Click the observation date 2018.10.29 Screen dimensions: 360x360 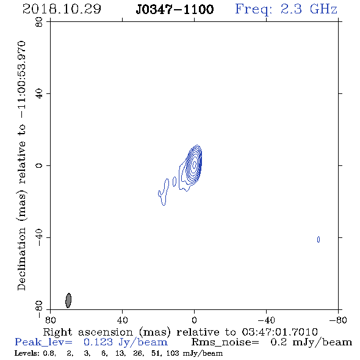[x=62, y=9]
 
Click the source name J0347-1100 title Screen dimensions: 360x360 [x=175, y=9]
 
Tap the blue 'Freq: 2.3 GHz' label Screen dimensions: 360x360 [x=286, y=9]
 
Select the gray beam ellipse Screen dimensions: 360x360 [x=68, y=300]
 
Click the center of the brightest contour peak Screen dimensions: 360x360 [x=194, y=164]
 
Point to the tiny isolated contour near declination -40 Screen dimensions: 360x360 [x=319, y=239]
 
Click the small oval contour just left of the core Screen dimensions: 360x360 [x=175, y=181]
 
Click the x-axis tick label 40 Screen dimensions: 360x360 [x=122, y=320]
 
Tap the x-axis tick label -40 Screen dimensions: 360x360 [x=266, y=320]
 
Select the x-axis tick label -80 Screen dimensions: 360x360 [x=338, y=320]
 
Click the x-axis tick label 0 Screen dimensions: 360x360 [x=194, y=320]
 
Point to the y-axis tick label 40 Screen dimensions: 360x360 [x=39, y=94]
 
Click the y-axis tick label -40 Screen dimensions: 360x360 [x=39, y=237]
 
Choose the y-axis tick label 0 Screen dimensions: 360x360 [x=39, y=165]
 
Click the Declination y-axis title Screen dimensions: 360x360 [x=21, y=165]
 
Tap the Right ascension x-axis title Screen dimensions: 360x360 [x=180, y=332]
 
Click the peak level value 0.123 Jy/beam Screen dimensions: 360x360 [x=125, y=342]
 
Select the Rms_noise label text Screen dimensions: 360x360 [x=225, y=342]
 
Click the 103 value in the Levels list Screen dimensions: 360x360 [x=173, y=353]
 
